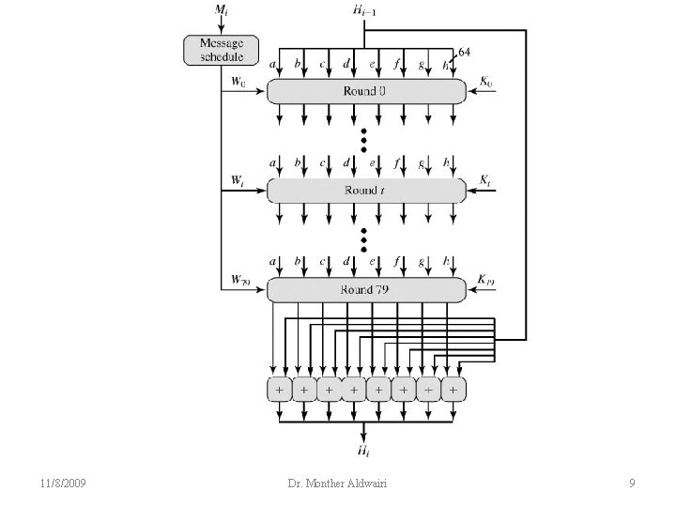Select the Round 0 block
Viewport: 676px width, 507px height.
[x=366, y=90]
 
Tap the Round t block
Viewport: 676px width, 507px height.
[x=366, y=191]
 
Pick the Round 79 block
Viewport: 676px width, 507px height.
[x=366, y=289]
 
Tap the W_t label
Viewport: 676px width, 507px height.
[x=239, y=180]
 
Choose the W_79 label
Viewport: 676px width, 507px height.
[x=241, y=279]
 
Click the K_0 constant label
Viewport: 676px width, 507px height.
[x=485, y=83]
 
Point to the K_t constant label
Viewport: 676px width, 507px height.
[x=484, y=179]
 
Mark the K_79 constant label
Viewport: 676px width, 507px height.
[x=486, y=279]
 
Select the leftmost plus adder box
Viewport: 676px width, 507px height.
[x=279, y=388]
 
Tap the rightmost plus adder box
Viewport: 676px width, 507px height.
[x=453, y=388]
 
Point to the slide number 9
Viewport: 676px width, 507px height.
[x=632, y=484]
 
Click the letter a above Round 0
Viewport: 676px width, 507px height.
[x=273, y=64]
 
